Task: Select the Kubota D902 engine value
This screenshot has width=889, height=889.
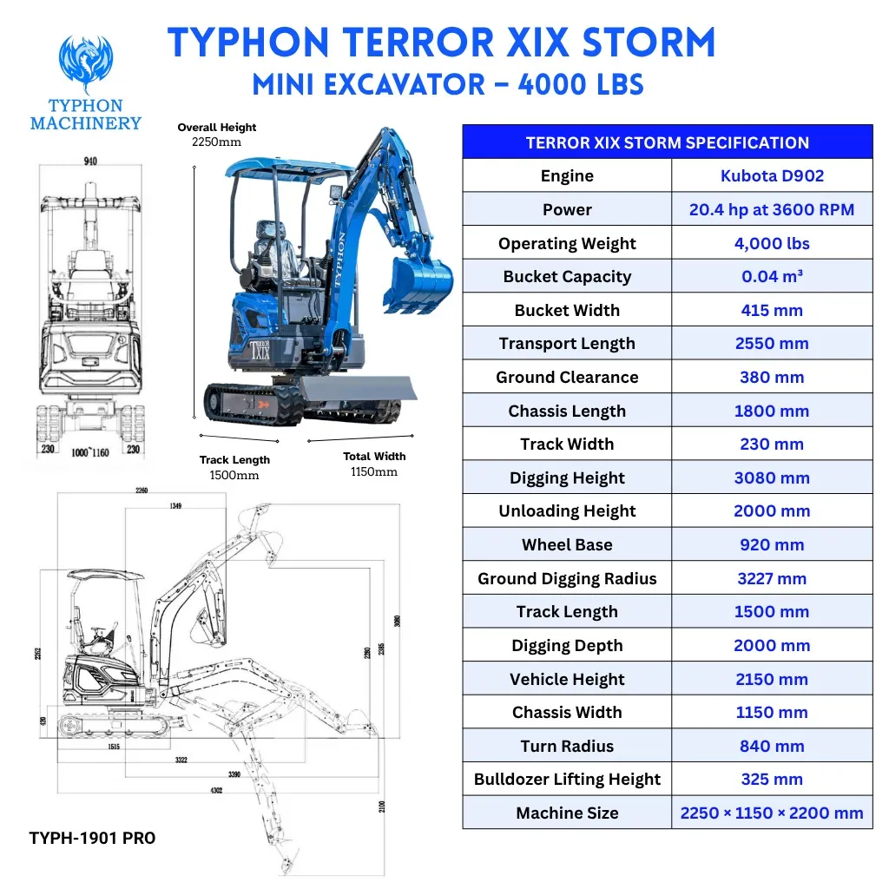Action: [x=772, y=176]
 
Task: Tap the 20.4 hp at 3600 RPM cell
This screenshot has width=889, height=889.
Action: [x=772, y=209]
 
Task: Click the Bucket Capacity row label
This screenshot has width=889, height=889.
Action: [x=567, y=277]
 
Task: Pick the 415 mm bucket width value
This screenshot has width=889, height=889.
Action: [x=772, y=311]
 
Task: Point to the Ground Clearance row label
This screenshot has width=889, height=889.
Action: [x=567, y=378]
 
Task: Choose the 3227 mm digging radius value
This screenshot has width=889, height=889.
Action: [x=772, y=579]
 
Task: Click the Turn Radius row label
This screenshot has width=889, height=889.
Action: [x=567, y=747]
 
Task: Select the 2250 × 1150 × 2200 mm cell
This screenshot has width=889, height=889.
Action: [x=772, y=813]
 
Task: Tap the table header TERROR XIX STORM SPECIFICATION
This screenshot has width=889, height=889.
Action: [x=667, y=142]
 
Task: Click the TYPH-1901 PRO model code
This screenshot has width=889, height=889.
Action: [x=92, y=838]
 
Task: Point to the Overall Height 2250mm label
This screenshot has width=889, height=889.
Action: [x=217, y=135]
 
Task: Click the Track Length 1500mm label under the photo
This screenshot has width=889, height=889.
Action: [x=234, y=467]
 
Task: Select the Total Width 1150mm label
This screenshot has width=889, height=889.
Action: [x=374, y=464]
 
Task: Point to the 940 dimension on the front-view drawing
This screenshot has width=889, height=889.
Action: [x=89, y=161]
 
